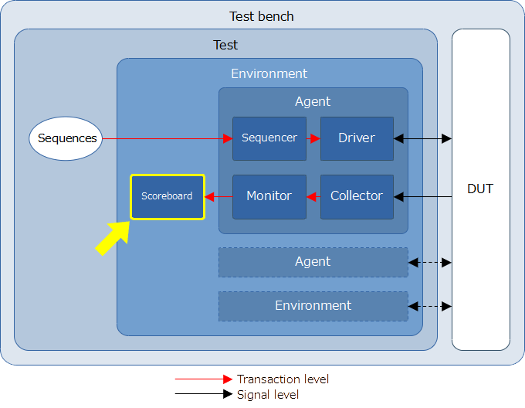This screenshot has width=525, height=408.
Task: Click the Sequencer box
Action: pos(269,138)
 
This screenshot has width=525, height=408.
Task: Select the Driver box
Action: pos(357,138)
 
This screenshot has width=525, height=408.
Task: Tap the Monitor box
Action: pos(269,196)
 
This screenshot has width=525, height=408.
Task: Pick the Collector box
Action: pos(357,196)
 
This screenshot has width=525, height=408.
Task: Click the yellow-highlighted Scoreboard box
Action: pos(168,196)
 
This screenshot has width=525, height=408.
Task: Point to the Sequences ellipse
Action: pos(66,138)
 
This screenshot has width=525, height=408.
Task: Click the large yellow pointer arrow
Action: pos(113,238)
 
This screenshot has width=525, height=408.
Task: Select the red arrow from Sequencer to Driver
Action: pos(313,138)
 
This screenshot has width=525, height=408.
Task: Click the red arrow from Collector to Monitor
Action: pos(313,196)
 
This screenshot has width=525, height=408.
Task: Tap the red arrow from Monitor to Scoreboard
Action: pos(218,196)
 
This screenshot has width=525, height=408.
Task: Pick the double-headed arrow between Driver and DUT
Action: pos(422,138)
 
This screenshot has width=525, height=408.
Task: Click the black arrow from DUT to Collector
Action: pos(422,196)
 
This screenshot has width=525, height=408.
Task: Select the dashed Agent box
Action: pos(313,262)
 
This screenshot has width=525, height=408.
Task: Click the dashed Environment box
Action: pos(313,306)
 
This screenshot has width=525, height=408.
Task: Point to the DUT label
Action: pos(480,189)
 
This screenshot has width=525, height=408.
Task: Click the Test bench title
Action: pos(262,16)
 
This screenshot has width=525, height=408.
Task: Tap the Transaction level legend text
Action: pos(283,379)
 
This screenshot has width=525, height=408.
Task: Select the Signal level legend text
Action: pos(268,395)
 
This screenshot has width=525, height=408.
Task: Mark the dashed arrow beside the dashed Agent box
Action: pos(430,263)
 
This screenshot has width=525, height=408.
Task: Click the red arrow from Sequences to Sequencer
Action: pos(168,138)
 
